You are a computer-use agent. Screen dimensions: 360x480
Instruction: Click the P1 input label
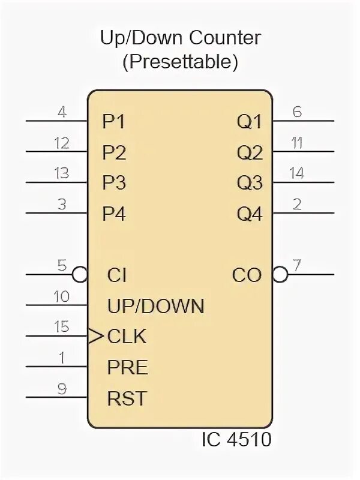coord(113,122)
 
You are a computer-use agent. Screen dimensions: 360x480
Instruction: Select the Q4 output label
coord(250,214)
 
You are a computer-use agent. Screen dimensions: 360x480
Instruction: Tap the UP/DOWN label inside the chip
coord(156,306)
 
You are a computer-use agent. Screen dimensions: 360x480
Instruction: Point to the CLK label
coord(127,337)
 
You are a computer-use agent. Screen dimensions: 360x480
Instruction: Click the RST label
coord(127,398)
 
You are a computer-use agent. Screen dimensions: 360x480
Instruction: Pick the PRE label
coord(127,367)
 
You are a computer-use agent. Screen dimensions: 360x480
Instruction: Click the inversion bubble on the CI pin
coord(80,275)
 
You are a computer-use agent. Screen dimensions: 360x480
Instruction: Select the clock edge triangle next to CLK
coord(95,336)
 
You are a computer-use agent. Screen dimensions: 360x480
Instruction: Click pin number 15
coord(62,327)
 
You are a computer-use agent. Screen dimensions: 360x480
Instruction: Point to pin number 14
coord(296,173)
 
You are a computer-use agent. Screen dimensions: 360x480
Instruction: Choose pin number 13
coord(62,173)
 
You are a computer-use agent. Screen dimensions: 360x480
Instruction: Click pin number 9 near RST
coord(62,388)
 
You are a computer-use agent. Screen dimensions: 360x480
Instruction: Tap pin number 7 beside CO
coord(296,265)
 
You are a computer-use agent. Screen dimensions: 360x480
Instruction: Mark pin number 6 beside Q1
coord(296,112)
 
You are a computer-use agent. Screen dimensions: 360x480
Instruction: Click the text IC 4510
coord(236,440)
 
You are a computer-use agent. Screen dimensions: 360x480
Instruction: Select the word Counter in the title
coord(225,39)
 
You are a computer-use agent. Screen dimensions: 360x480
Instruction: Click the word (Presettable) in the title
coord(180,61)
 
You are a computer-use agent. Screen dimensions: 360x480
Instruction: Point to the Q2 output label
coord(250,153)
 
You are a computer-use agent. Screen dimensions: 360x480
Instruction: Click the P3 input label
coord(113,183)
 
